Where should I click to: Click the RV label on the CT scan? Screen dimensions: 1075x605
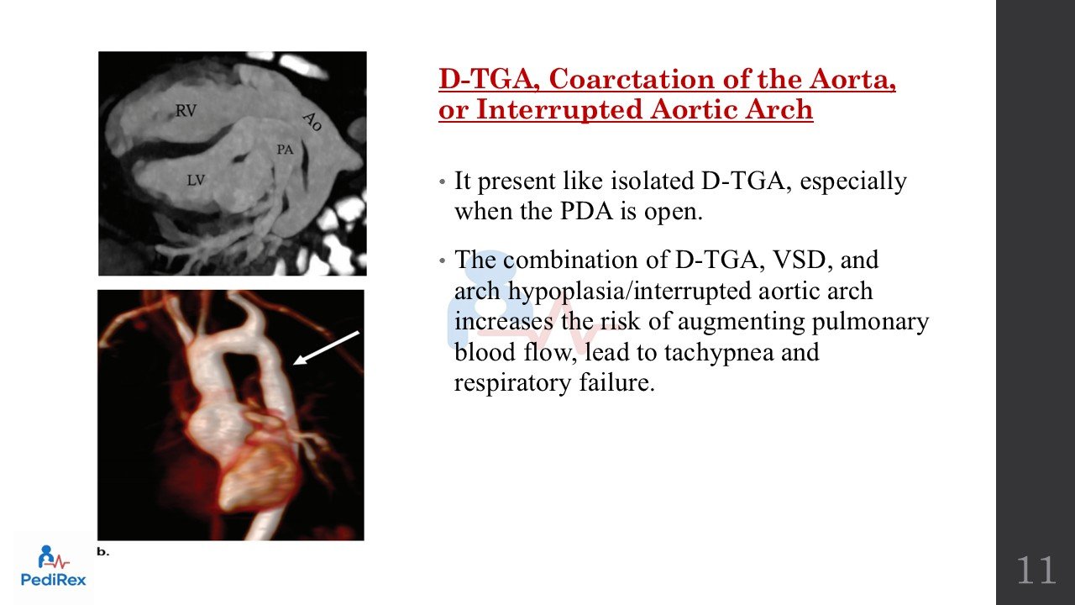[x=186, y=111]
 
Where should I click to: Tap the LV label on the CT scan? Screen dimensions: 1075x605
[x=196, y=181]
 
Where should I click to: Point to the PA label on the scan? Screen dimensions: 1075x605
[x=285, y=150]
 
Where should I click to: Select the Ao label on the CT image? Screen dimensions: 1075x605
[x=312, y=122]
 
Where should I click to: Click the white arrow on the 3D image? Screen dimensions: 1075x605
[x=326, y=348]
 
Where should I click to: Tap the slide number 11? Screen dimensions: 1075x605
[x=1036, y=571]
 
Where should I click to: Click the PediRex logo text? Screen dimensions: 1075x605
[x=53, y=580]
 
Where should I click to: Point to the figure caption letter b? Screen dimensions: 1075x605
[x=102, y=552]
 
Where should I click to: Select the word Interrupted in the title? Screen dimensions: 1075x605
[x=560, y=109]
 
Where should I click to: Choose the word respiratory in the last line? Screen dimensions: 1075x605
[x=512, y=384]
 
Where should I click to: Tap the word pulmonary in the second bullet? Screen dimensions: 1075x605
[x=870, y=322]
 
